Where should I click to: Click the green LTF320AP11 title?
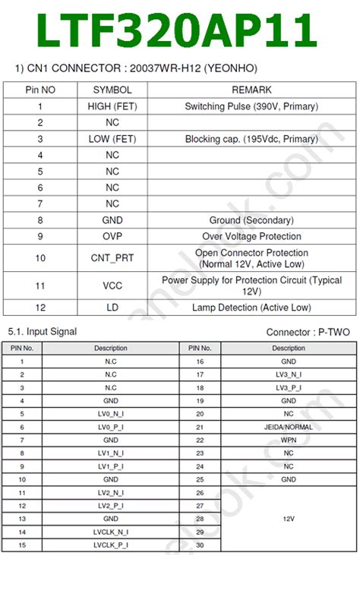(176, 32)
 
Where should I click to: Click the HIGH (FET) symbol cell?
(112, 106)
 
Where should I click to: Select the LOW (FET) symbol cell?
(112, 139)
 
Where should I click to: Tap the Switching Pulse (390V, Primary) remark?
(251, 106)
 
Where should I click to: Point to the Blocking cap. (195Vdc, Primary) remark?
(251, 139)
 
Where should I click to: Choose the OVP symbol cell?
(112, 236)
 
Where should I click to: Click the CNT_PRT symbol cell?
(112, 258)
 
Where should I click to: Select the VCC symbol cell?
(112, 286)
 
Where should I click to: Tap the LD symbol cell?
(112, 308)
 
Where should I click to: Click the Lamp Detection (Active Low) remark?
(251, 308)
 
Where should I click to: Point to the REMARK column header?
(251, 90)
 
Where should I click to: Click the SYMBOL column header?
(112, 90)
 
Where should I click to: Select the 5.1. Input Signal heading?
(42, 332)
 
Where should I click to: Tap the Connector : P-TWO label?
(308, 333)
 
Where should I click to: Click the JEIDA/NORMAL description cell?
(289, 427)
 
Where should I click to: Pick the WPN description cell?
(289, 440)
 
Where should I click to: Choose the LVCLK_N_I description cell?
(111, 532)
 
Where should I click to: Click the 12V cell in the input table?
(289, 519)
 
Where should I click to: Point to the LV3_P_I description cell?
(289, 387)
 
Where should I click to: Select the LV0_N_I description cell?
(111, 414)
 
